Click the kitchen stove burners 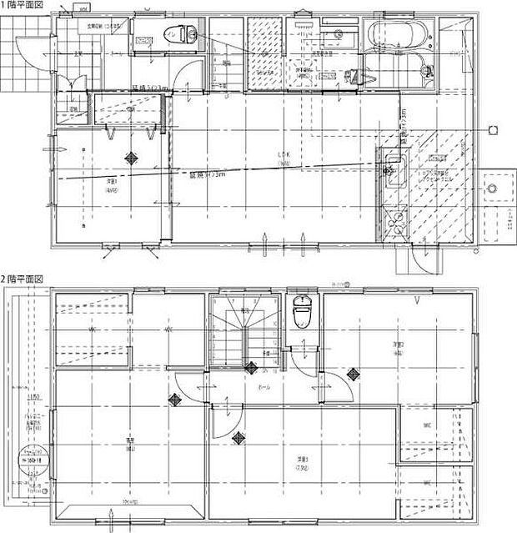point(392,221)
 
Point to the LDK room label point(283,155)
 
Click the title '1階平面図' point(23,5)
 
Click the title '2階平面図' point(23,279)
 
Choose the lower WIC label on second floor point(426,482)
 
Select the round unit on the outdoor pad point(494,188)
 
